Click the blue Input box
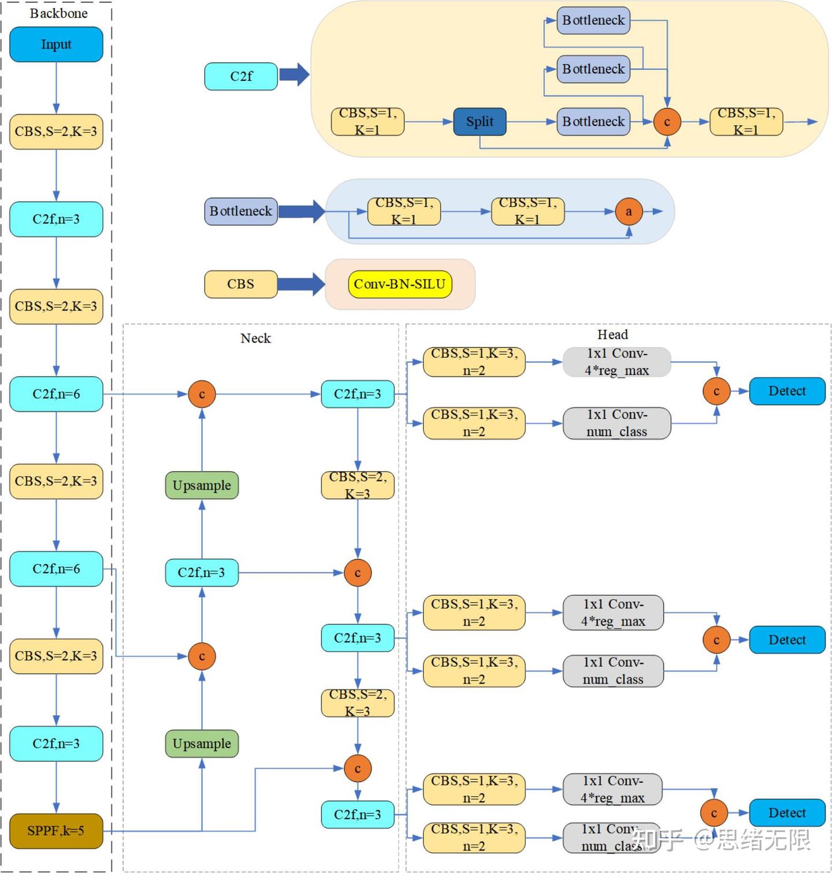click(x=56, y=44)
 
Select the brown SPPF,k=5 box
click(x=56, y=831)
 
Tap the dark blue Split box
click(x=480, y=122)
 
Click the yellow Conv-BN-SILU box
click(x=399, y=284)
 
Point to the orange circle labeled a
click(x=629, y=211)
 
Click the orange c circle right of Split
click(x=667, y=122)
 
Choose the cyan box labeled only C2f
click(x=241, y=76)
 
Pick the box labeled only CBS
click(x=240, y=284)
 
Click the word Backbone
click(x=58, y=13)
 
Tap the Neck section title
click(x=255, y=338)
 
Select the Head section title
click(x=612, y=335)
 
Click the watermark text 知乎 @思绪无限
click(x=722, y=839)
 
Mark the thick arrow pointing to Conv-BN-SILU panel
click(x=301, y=284)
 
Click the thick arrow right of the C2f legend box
click(x=294, y=75)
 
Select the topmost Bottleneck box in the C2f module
click(x=593, y=20)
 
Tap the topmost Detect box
click(x=787, y=391)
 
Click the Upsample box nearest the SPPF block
click(x=202, y=744)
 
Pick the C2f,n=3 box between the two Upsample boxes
click(x=202, y=573)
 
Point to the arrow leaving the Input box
click(x=56, y=87)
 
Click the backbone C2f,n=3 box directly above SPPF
click(x=56, y=744)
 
